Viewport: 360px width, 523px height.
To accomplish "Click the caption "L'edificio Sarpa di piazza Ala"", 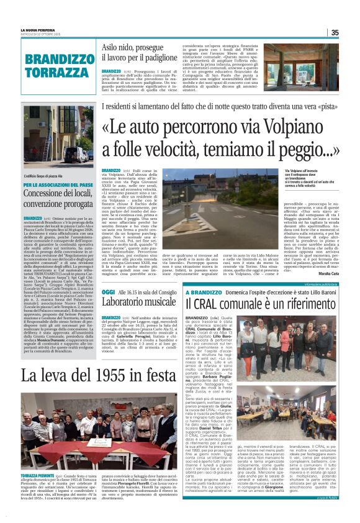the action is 40,177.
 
